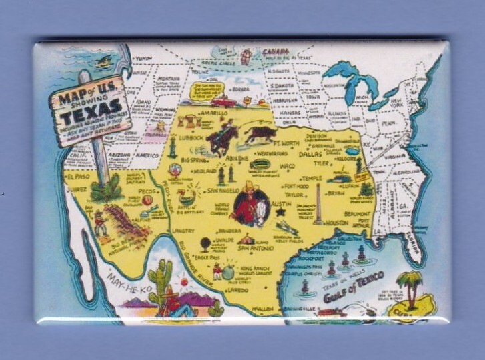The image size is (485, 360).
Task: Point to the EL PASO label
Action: coord(77,178)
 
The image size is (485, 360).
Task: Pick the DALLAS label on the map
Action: coord(309,153)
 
